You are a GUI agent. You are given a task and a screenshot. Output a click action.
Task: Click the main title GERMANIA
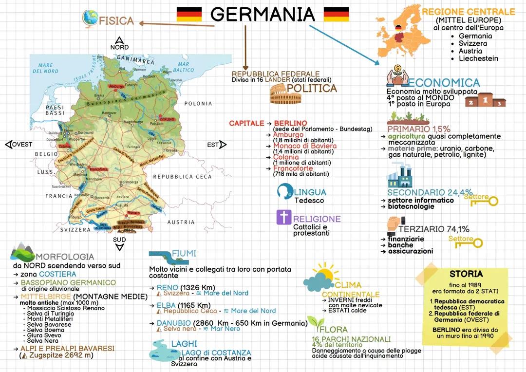(263, 14)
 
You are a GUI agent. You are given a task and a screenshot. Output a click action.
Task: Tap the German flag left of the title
(189, 14)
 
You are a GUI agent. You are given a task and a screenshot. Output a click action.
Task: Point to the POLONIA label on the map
(198, 104)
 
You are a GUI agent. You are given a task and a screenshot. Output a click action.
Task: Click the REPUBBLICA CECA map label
(182, 177)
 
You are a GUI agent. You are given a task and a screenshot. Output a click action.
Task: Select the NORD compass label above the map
(119, 47)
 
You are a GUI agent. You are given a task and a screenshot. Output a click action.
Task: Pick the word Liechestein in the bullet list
(478, 58)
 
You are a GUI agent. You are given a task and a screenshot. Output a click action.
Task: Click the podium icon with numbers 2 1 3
(485, 100)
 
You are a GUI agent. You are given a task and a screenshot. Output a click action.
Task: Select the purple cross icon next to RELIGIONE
(283, 217)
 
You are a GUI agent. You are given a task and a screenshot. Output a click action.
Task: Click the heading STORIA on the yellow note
(466, 274)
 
